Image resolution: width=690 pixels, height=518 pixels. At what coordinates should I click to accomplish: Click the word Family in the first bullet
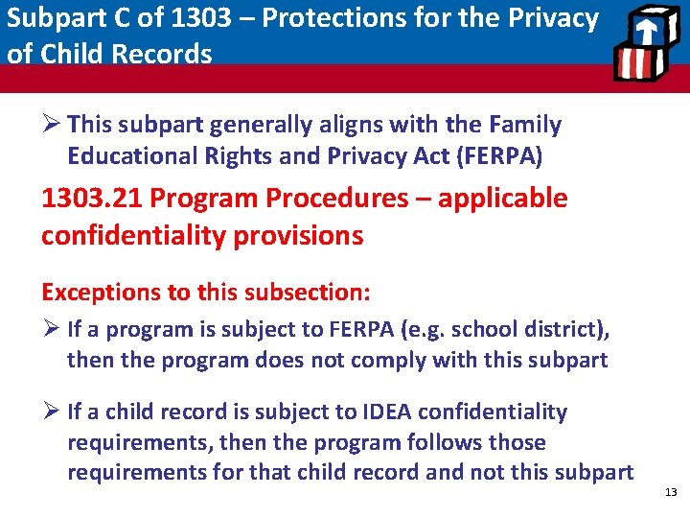click(524, 125)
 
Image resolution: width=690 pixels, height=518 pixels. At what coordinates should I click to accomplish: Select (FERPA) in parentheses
click(514, 155)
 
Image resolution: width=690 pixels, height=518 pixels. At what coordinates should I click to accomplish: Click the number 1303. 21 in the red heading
click(93, 199)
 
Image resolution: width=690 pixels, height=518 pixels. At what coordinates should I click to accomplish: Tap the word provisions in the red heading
click(304, 235)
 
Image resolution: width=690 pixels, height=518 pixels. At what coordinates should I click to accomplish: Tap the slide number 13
click(670, 492)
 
